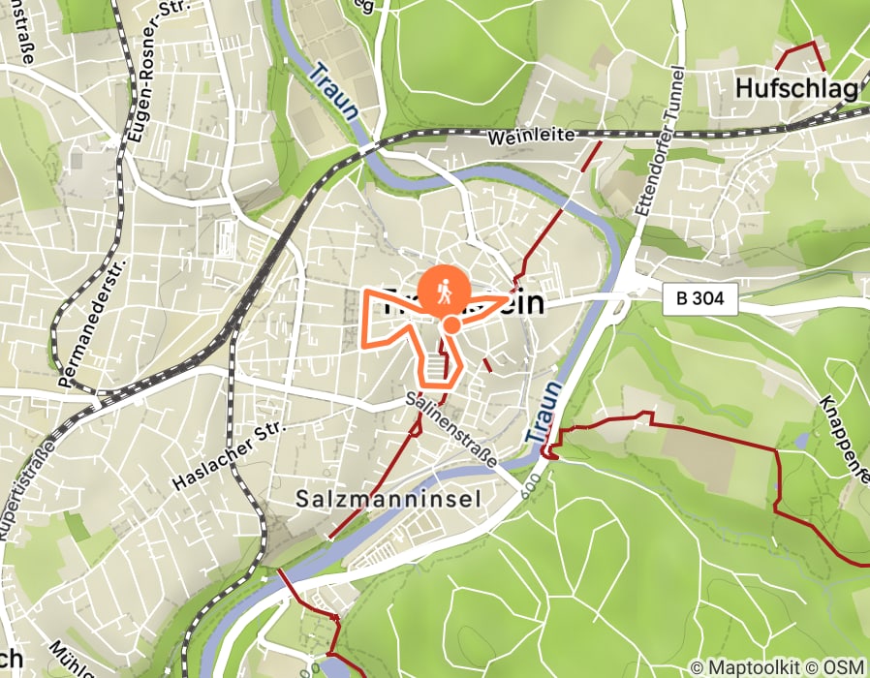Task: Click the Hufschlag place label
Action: (796, 89)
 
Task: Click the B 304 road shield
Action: (700, 301)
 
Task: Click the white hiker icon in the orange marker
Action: (446, 288)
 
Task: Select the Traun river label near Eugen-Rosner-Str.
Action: (333, 91)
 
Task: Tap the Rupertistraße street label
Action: (18, 504)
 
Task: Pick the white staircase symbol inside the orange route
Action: (438, 366)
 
